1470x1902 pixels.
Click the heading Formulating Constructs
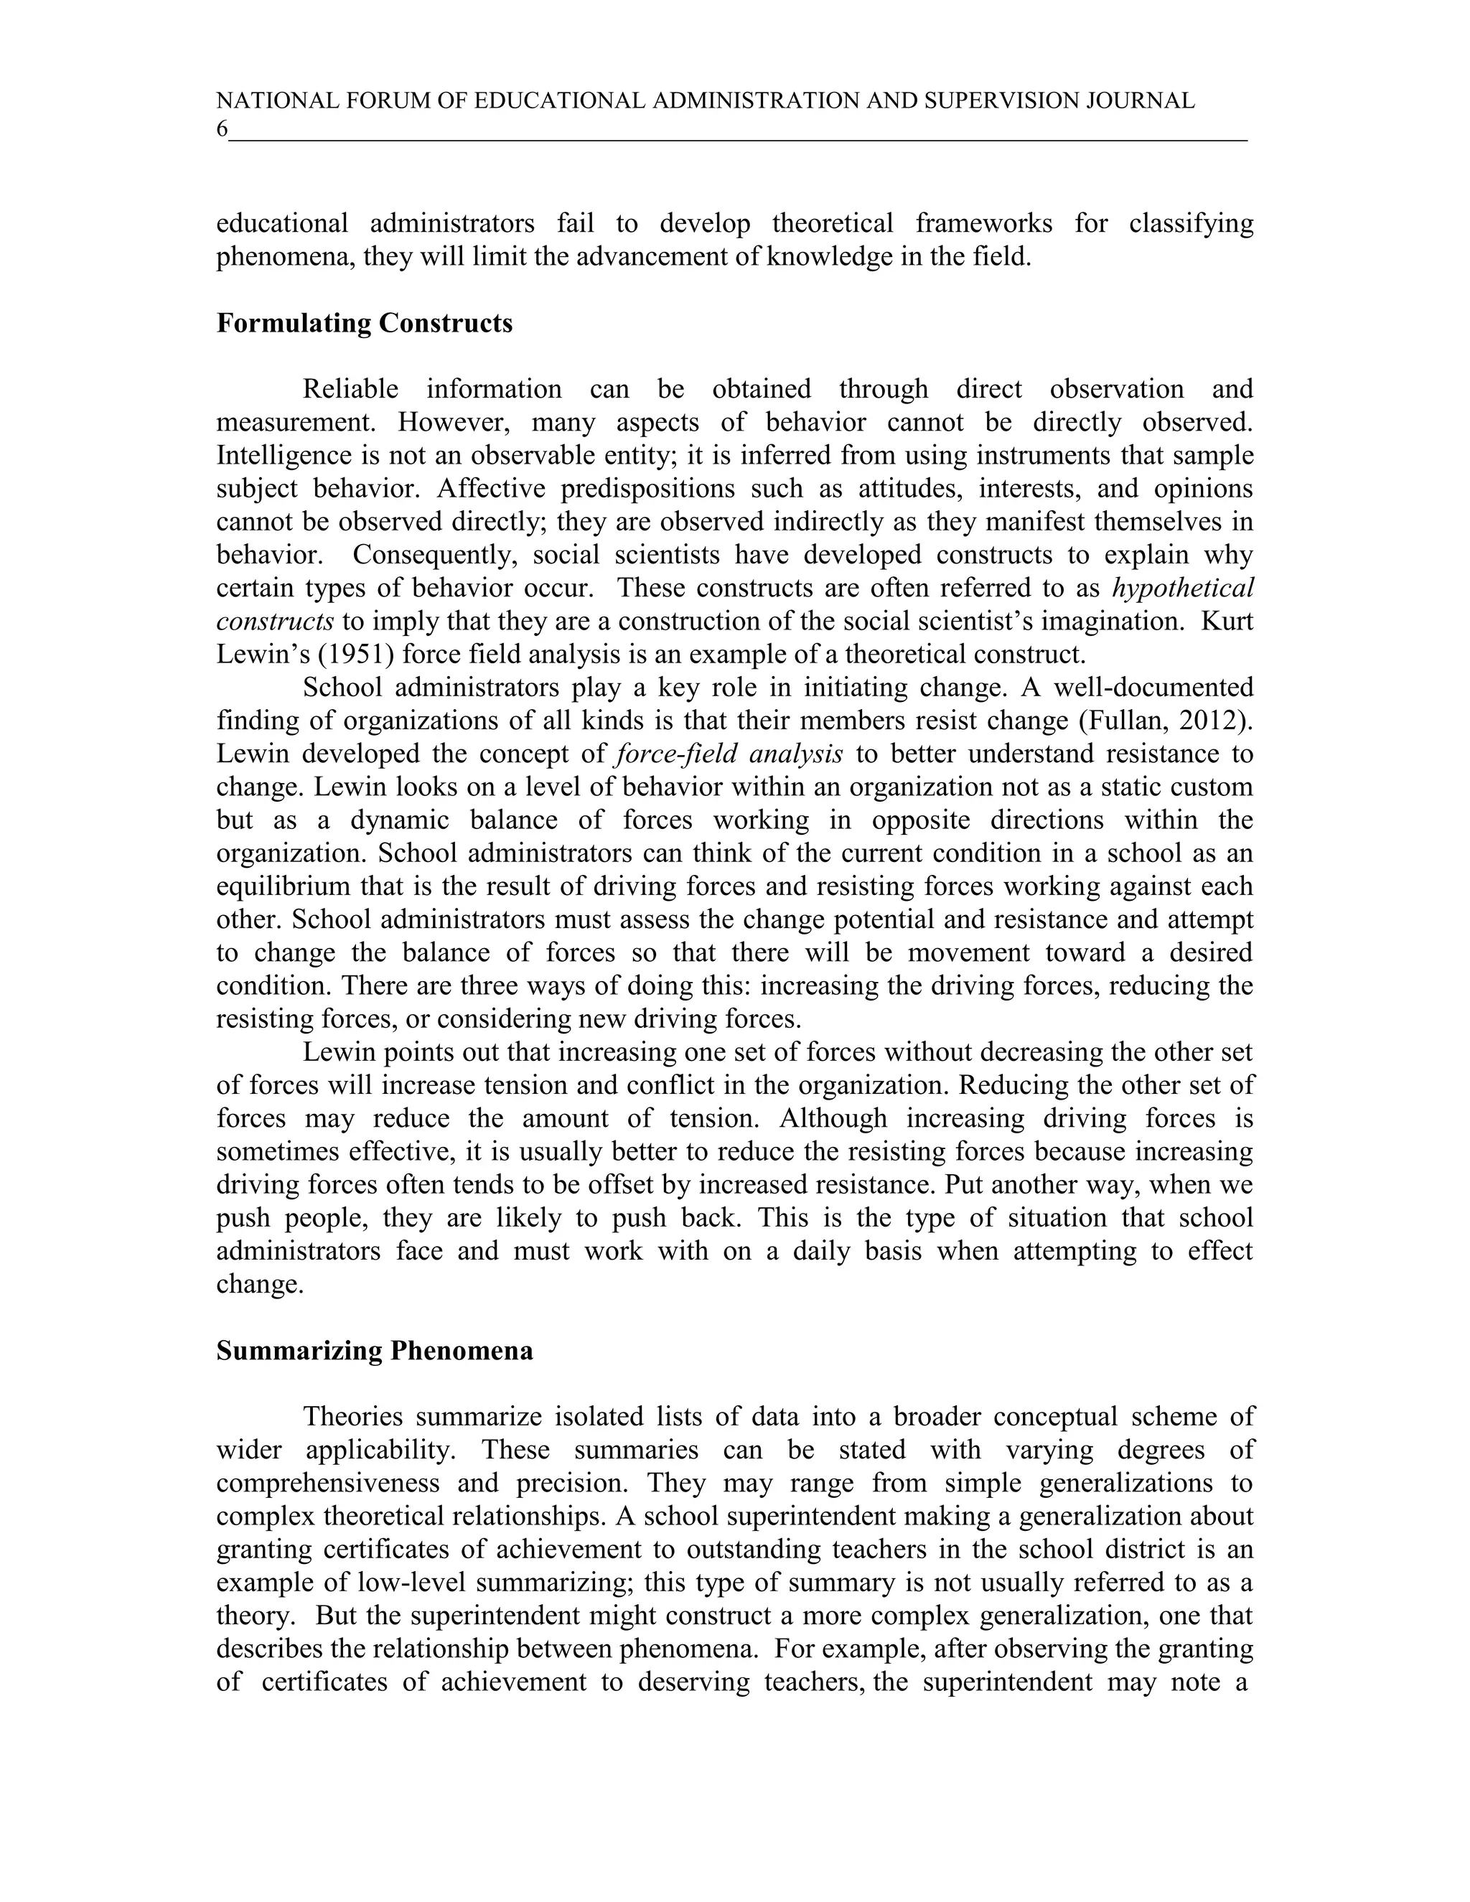click(x=364, y=323)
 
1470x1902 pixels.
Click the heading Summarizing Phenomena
click(x=375, y=1351)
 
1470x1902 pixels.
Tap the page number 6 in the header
click(x=222, y=130)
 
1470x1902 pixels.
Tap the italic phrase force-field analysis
click(x=728, y=754)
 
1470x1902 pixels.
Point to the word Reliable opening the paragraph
click(x=350, y=388)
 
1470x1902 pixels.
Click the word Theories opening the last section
click(x=352, y=1417)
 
